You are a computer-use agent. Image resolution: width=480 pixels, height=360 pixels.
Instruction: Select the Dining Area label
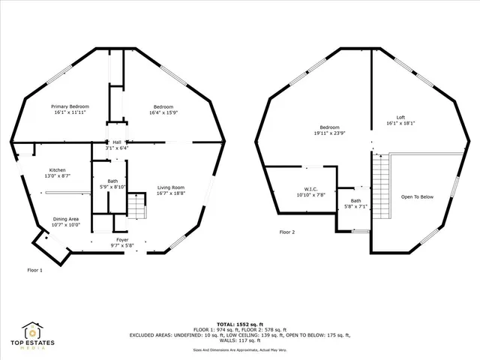point(66,219)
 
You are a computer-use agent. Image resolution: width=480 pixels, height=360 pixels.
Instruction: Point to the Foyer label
point(121,239)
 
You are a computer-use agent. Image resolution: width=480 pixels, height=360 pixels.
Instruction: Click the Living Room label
point(171,187)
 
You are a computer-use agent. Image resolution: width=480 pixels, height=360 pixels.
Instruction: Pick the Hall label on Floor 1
point(116,142)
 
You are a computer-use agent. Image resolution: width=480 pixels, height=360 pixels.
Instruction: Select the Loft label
point(400,117)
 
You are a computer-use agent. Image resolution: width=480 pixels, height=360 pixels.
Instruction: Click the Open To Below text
point(418,197)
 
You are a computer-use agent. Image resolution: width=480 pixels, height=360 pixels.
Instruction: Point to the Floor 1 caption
point(35,270)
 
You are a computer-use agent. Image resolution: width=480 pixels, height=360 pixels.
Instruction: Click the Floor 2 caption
point(287,232)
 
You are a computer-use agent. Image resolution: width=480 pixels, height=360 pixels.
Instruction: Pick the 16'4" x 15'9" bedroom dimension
point(164,112)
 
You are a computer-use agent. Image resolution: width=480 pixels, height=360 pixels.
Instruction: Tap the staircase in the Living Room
point(136,205)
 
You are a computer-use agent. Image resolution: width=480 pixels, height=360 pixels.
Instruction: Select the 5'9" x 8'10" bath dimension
point(112,187)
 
